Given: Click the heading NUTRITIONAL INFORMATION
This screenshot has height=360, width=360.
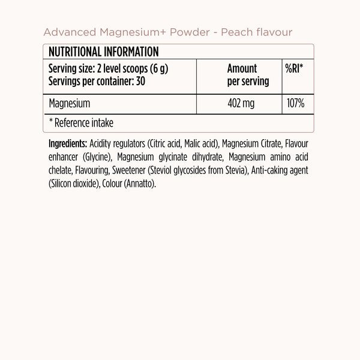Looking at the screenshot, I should coord(103,52).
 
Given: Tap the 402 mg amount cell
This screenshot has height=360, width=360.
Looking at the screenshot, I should coord(241,104).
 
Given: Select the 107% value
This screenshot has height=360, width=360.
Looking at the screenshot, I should coord(295,104).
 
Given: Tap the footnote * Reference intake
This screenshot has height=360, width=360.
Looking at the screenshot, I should coord(81,123).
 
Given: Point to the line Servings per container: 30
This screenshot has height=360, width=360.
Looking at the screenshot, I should coord(95,80).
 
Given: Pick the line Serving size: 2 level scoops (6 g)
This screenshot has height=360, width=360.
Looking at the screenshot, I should coord(108,69).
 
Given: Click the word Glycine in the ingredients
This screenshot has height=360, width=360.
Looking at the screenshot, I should coord(98,158).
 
